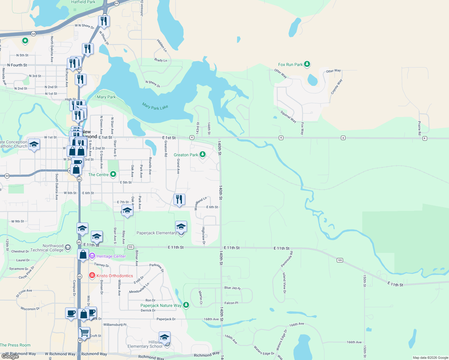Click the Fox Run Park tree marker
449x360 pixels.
click(307, 64)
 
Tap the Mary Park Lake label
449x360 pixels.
click(155, 106)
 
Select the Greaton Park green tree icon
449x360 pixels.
click(203, 154)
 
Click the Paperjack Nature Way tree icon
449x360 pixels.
click(186, 305)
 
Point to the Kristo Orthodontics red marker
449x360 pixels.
click(92, 275)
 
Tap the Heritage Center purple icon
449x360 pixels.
click(92, 256)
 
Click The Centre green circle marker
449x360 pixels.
click(113, 174)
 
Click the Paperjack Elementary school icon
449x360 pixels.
click(181, 227)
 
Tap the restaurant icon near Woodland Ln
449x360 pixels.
click(179, 199)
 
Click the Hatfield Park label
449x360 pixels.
click(83, 2)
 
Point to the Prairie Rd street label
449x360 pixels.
click(420, 128)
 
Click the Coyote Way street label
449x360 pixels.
click(336, 87)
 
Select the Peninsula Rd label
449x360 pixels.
click(287, 259)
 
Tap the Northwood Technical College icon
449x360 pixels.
click(68, 247)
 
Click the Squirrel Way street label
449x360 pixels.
click(288, 117)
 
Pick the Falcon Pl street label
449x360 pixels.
click(231, 303)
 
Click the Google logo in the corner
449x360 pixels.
click(10, 356)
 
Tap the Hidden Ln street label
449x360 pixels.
click(161, 45)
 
